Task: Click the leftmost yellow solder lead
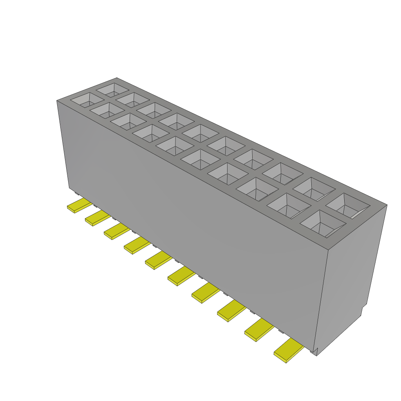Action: click(x=79, y=206)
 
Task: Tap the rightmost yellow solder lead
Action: click(x=289, y=350)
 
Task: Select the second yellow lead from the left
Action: click(x=98, y=218)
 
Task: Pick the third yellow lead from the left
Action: click(x=117, y=231)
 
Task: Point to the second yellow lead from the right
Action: click(x=258, y=329)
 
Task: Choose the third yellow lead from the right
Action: click(x=231, y=311)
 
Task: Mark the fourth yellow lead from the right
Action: click(x=205, y=293)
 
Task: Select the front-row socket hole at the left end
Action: click(x=87, y=100)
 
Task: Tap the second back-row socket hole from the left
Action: click(x=133, y=99)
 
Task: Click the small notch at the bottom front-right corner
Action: click(x=314, y=351)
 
